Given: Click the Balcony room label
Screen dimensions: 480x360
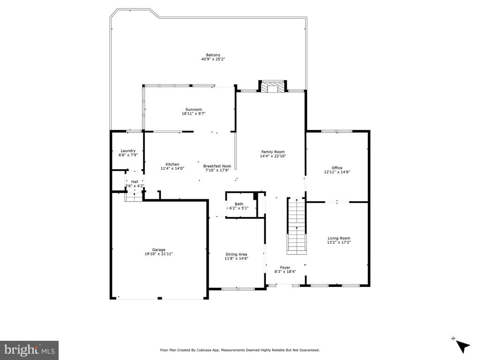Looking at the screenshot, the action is [x=213, y=55].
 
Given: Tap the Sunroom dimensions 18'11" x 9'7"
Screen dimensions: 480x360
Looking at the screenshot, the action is [x=194, y=113].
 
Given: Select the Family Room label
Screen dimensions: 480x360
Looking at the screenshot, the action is [x=273, y=152].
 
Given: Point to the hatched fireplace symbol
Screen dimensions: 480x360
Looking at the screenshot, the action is [x=273, y=87].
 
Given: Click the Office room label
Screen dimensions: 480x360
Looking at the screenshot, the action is [x=337, y=168].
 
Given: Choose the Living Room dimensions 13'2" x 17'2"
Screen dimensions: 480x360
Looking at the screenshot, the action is [x=339, y=242].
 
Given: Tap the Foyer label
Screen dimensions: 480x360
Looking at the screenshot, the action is [x=285, y=268].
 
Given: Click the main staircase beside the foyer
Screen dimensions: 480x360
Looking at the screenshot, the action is [x=296, y=226].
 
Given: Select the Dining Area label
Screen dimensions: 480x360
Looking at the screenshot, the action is [x=236, y=255].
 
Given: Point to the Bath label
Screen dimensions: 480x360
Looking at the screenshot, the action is [x=239, y=204].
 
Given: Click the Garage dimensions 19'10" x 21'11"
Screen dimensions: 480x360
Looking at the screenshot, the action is [x=159, y=254].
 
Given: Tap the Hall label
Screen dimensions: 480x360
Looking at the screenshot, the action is [x=135, y=182].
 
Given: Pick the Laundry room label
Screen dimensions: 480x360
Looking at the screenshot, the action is [x=128, y=150].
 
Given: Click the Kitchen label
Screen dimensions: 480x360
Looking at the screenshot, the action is [x=172, y=165].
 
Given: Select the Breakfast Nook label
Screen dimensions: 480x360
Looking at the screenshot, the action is [x=217, y=166].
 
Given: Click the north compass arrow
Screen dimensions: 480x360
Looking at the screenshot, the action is [x=463, y=346].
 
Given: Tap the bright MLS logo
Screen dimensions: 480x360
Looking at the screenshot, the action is [x=30, y=349].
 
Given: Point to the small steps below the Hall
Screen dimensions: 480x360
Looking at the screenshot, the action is [x=134, y=198].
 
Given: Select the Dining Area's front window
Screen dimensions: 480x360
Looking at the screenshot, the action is [x=238, y=289].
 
